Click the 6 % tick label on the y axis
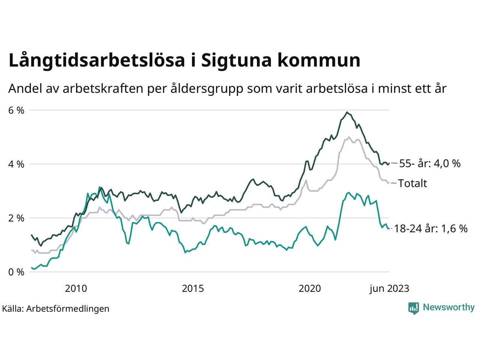16,111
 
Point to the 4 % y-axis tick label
16,164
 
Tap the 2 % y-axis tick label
16,218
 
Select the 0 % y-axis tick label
16,272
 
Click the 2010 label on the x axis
76,288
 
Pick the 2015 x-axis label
193,288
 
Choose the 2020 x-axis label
310,288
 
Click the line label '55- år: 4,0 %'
429,163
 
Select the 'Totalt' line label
412,183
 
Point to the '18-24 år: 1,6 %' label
431,229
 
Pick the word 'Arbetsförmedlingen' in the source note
68,309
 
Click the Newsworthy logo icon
414,308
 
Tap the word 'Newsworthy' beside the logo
448,307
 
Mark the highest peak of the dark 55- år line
347,112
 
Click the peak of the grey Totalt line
349,137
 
